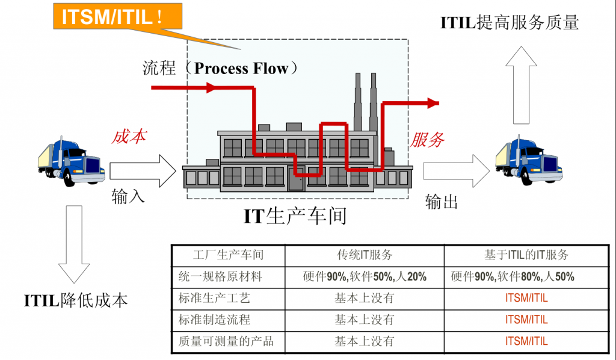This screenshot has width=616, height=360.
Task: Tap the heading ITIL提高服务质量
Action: (x=510, y=23)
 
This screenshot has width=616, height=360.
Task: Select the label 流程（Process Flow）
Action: (x=220, y=68)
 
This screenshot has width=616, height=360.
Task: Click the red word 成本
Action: (x=129, y=137)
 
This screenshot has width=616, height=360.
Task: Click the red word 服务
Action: (x=427, y=140)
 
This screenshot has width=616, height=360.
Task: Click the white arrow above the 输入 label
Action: (x=143, y=170)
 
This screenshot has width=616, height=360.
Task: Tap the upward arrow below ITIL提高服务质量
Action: (x=520, y=84)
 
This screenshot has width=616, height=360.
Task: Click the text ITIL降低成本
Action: (x=76, y=299)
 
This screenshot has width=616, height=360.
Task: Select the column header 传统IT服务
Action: (x=365, y=255)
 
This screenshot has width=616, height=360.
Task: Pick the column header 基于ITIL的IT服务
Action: (x=526, y=255)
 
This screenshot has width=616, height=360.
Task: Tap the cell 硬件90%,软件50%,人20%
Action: (x=365, y=276)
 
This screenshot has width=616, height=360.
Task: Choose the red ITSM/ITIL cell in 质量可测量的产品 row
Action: (x=526, y=341)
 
